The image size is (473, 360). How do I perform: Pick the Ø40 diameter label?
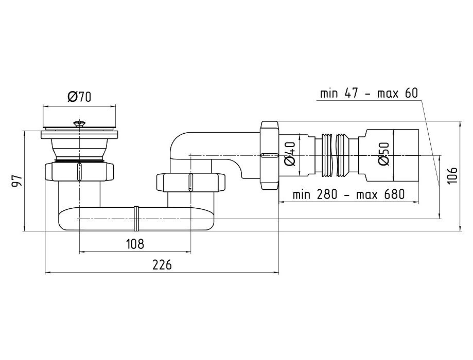(x=290, y=153)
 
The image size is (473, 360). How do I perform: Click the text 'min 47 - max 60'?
(x=369, y=93)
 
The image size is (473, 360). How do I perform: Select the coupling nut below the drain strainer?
(x=80, y=171)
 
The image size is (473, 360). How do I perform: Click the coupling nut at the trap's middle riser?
(x=190, y=183)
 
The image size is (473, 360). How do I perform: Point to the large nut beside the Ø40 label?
(x=269, y=154)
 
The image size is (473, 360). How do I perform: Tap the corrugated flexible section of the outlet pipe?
(x=333, y=153)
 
